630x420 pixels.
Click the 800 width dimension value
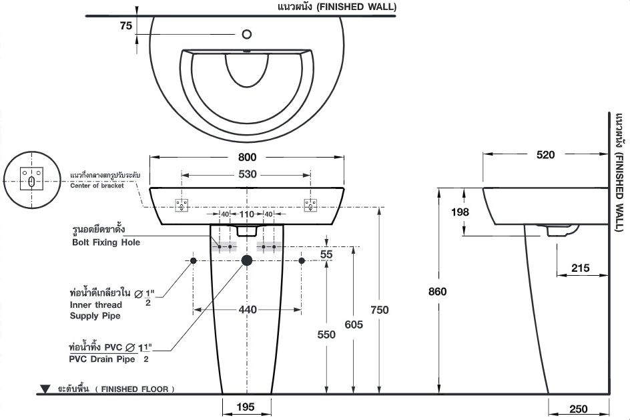[247, 158]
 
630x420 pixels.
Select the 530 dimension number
[247, 174]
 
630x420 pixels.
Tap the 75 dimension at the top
[125, 26]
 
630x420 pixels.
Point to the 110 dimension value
[247, 215]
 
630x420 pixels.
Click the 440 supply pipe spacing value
[247, 310]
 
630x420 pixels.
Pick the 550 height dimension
[326, 335]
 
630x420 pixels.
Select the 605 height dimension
[354, 325]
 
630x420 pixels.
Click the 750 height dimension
[379, 310]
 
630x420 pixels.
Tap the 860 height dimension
[438, 291]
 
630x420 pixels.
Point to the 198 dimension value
[460, 212]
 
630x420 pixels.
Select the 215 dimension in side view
[581, 268]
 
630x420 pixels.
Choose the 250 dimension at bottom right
[579, 409]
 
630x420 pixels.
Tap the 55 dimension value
[326, 254]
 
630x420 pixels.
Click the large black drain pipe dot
[247, 260]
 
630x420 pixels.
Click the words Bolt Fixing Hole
[106, 242]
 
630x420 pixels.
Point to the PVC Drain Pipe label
[103, 359]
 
